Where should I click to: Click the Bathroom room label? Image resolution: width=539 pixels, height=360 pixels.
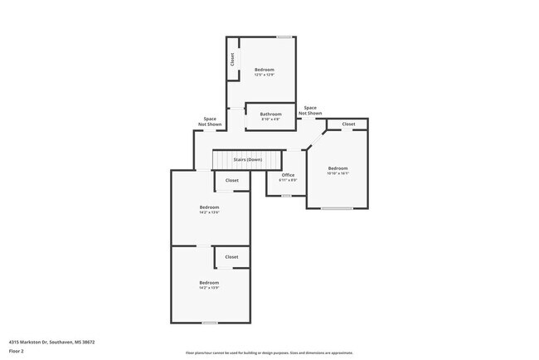270,114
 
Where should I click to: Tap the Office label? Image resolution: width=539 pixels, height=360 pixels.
288,175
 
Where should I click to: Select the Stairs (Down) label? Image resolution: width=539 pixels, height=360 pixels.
247,159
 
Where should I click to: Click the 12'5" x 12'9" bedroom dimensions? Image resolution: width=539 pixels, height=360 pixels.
264,75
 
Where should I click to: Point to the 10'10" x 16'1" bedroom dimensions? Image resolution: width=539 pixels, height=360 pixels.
337,173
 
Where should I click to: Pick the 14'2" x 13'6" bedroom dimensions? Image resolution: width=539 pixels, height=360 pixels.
209,212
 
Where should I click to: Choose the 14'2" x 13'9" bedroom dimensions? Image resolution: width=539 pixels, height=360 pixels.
209,288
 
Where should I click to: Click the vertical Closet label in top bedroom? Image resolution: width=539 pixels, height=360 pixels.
232,59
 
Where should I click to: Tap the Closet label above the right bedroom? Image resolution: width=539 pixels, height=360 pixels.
348,124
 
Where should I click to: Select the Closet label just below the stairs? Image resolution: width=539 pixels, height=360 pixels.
232,180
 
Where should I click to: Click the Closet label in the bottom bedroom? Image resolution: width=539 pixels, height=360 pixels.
232,257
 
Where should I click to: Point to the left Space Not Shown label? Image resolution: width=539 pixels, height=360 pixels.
210,121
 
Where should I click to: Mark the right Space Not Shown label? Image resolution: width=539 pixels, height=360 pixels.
310,109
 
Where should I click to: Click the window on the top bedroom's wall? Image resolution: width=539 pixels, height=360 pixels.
284,36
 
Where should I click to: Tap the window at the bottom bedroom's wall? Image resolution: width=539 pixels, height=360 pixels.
210,323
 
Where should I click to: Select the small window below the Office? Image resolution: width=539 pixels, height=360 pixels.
286,196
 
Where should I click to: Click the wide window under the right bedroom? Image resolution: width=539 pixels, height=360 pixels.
337,208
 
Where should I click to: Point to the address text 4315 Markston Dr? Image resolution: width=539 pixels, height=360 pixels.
51,341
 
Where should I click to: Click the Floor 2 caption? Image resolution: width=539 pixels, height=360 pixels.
17,351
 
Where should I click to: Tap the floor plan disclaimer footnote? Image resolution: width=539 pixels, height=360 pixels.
269,353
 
